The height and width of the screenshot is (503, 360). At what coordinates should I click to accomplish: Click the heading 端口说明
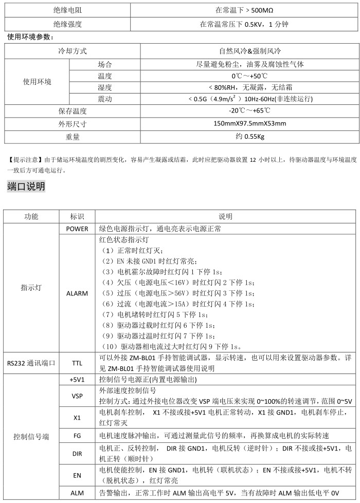pyautogui.click(x=26, y=186)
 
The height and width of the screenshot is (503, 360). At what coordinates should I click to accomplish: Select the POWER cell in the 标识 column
pyautogui.click(x=77, y=228)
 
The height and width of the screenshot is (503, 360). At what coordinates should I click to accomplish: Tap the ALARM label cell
pyautogui.click(x=77, y=293)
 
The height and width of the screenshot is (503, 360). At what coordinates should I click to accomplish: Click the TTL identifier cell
pyautogui.click(x=77, y=363)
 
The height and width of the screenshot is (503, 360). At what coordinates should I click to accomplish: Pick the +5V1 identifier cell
pyautogui.click(x=77, y=380)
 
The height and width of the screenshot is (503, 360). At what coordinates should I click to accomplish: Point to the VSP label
pyautogui.click(x=77, y=396)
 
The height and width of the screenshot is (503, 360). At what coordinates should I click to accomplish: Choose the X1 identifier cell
pyautogui.click(x=77, y=418)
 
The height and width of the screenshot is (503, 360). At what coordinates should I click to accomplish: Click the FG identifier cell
pyautogui.click(x=77, y=436)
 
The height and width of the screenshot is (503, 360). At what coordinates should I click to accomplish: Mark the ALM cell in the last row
pyautogui.click(x=77, y=493)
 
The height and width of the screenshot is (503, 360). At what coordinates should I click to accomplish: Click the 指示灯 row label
pyautogui.click(x=31, y=288)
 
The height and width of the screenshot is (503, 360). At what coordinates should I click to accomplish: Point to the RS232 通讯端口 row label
pyautogui.click(x=31, y=363)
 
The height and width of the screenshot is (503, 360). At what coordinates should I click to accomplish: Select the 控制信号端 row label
pyautogui.click(x=31, y=436)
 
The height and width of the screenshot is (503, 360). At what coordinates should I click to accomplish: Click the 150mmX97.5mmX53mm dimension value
pyautogui.click(x=249, y=124)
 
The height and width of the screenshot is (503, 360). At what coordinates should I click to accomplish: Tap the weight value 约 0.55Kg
pyautogui.click(x=249, y=137)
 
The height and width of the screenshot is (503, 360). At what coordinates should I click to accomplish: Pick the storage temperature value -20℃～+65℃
pyautogui.click(x=249, y=111)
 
